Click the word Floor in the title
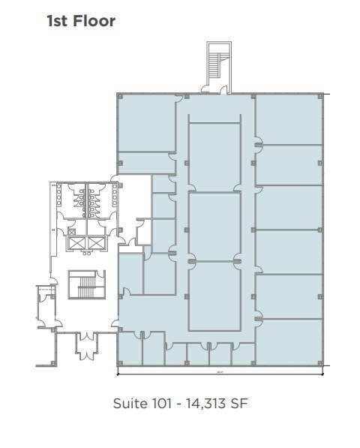pos(93,21)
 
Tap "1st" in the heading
pos(58,21)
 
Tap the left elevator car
pos(76,243)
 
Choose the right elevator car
pos(97,243)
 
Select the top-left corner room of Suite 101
pos(147,124)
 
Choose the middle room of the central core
pos(214,225)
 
